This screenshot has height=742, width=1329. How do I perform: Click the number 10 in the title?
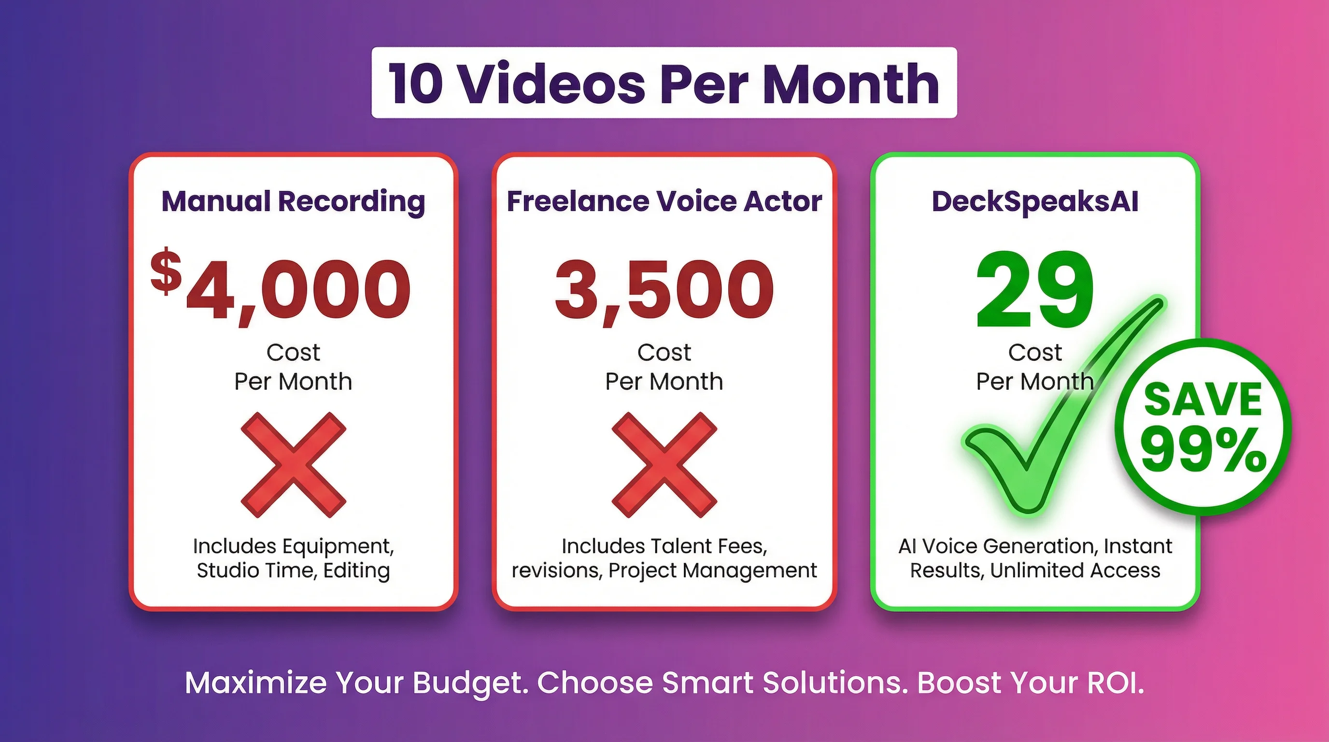[416, 84]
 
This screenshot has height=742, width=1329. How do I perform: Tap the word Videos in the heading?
[551, 84]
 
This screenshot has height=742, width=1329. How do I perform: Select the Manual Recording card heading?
[293, 201]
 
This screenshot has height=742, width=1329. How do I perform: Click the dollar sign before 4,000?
[166, 271]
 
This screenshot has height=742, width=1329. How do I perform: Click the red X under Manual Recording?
[293, 464]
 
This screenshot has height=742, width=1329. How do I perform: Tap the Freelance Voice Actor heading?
[664, 201]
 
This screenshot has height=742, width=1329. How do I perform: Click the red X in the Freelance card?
[664, 464]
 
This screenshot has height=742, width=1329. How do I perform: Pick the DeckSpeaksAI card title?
[1035, 201]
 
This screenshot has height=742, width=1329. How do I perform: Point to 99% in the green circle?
[1202, 450]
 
